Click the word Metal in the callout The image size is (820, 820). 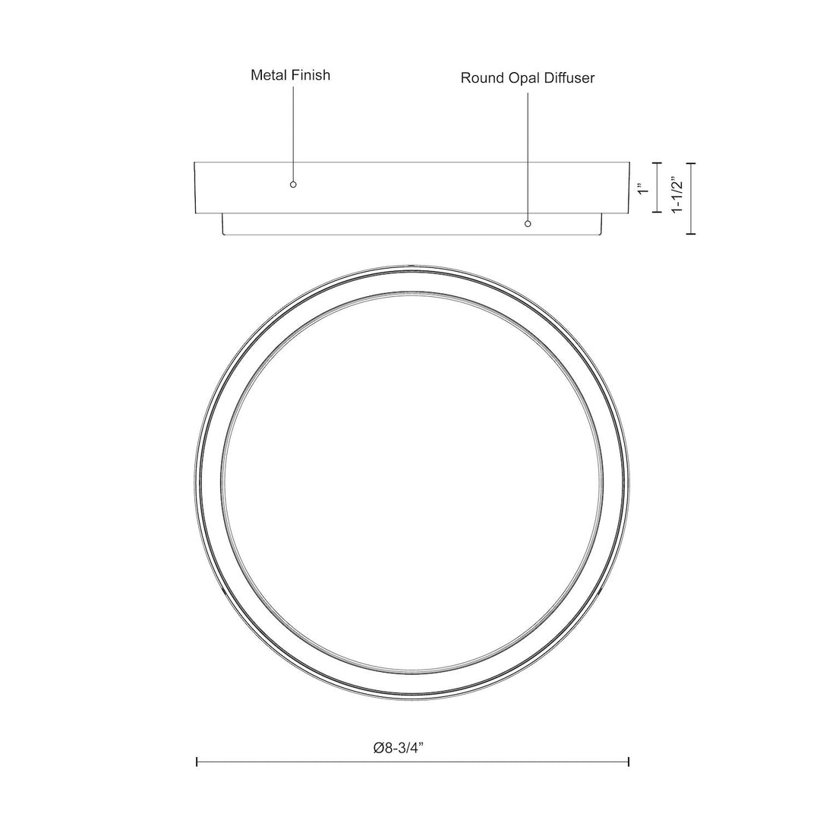point(269,74)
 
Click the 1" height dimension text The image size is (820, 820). point(644,188)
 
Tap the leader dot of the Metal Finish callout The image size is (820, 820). point(293,184)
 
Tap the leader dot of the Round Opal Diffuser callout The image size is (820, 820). point(528,224)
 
